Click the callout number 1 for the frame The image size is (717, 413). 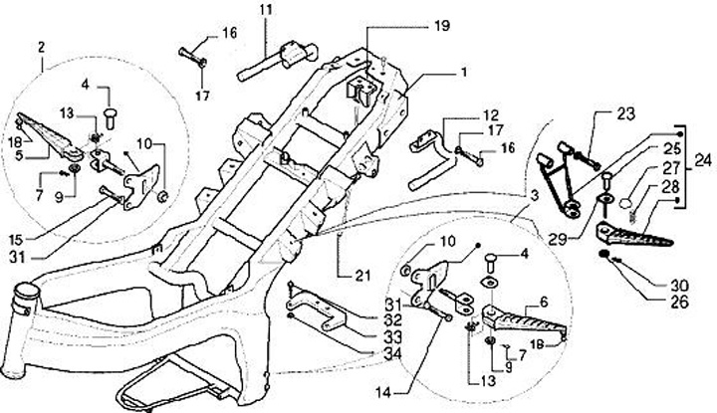coord(462,74)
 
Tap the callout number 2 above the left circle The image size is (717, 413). coord(41,47)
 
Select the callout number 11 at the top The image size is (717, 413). coord(266,11)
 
